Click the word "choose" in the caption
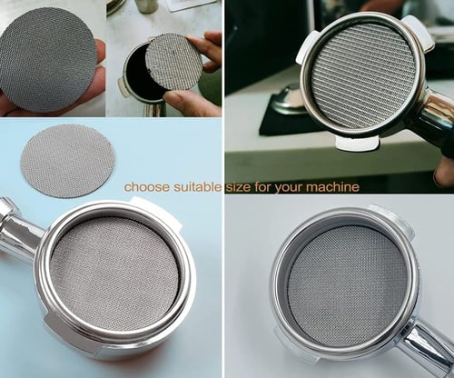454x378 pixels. click(147, 187)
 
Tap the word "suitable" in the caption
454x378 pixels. click(197, 187)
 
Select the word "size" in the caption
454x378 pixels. click(238, 187)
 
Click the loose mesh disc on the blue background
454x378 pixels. click(68, 161)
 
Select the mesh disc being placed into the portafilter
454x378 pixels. click(173, 62)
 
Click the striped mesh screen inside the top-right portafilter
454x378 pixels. click(363, 75)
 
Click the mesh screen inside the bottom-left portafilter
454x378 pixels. click(115, 270)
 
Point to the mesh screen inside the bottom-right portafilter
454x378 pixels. click(348, 286)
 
